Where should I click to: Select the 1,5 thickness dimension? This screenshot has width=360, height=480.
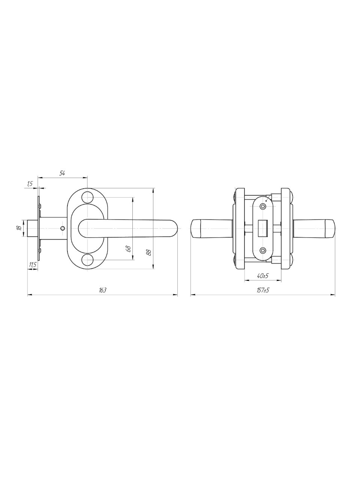[30, 184]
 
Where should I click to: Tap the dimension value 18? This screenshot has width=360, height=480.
[19, 228]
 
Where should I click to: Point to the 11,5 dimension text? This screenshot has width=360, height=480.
[32, 265]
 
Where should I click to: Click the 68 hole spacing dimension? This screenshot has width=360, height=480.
[129, 249]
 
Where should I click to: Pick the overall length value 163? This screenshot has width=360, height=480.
[102, 290]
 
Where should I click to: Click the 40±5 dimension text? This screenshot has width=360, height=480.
[262, 276]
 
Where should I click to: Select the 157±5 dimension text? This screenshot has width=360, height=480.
[263, 290]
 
